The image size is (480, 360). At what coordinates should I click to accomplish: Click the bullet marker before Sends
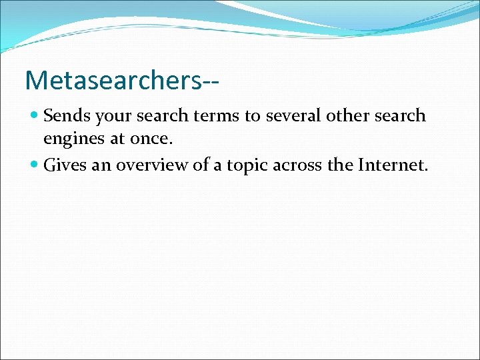(35, 116)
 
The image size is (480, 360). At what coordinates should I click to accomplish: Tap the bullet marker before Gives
(35, 165)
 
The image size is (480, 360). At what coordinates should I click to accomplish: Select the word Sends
(67, 116)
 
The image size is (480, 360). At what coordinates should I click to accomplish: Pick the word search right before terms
(163, 116)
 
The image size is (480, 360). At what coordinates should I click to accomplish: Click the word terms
(217, 116)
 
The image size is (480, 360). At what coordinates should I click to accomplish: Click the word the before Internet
(340, 165)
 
